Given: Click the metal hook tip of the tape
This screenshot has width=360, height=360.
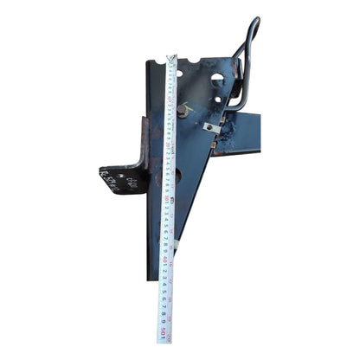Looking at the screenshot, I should pos(171,59).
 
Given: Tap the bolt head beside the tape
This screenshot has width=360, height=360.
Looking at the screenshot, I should pos(185,110).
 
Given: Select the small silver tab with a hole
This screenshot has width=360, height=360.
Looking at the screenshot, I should pos(211,127).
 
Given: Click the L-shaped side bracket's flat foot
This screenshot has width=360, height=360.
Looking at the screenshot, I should pos(122,179).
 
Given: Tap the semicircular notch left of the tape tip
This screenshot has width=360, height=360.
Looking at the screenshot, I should pos(157,63).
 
